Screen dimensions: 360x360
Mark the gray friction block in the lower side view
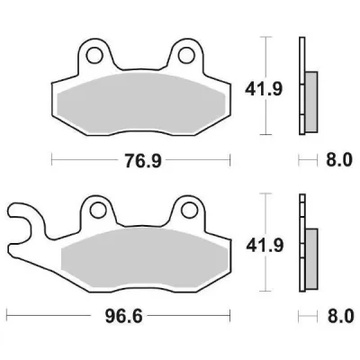pyautogui.click(x=311, y=256)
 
